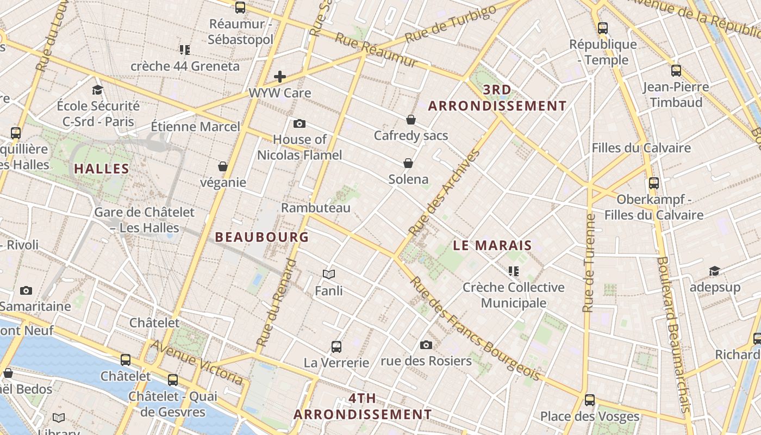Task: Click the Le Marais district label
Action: click(x=492, y=245)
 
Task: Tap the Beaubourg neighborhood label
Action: click(x=262, y=237)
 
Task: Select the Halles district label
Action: click(x=102, y=169)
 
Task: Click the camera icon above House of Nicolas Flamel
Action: click(x=300, y=123)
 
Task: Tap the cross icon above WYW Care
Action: click(x=280, y=77)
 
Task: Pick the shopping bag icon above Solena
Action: click(x=408, y=163)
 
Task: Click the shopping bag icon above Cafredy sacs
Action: click(x=411, y=120)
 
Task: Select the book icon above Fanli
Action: click(x=329, y=274)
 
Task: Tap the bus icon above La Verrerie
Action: click(x=336, y=346)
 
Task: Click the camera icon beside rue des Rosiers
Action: click(x=426, y=345)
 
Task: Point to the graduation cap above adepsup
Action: click(x=714, y=271)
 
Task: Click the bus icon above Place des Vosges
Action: click(x=590, y=401)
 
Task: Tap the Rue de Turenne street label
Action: click(x=589, y=263)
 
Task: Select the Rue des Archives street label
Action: click(x=444, y=192)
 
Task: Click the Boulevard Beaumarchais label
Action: click(x=673, y=334)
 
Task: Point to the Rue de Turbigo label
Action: click(x=451, y=24)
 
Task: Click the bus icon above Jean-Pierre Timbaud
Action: click(x=676, y=70)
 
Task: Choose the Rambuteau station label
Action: click(x=316, y=208)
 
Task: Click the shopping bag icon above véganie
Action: click(x=223, y=166)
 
